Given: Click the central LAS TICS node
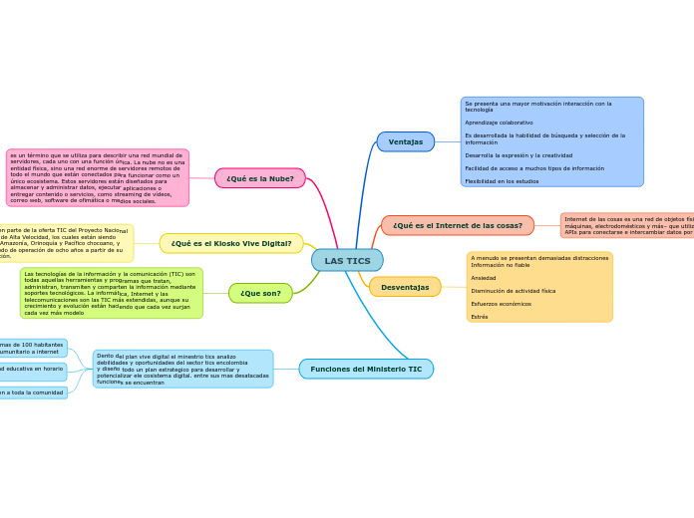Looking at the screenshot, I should (347, 260).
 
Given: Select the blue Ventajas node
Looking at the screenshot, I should (406, 141).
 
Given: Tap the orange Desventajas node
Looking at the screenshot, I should (405, 287).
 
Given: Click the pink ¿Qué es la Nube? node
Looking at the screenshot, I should (260, 178).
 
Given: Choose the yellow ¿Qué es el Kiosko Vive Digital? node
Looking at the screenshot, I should (231, 243).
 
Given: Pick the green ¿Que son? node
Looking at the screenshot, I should (260, 293).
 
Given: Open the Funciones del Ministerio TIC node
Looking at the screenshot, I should (366, 369).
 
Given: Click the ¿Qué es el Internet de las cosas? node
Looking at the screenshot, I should (458, 225).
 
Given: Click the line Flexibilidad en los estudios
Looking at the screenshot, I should (502, 181).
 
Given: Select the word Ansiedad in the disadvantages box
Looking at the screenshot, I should (483, 278).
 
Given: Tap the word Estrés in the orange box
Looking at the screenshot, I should (480, 317).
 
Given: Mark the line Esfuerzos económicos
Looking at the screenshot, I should (501, 304).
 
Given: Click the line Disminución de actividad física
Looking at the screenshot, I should (513, 291).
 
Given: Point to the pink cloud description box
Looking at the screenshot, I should (97, 177).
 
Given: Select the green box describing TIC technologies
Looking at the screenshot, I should (111, 293).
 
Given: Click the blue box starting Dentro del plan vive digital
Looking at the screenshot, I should (182, 369).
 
